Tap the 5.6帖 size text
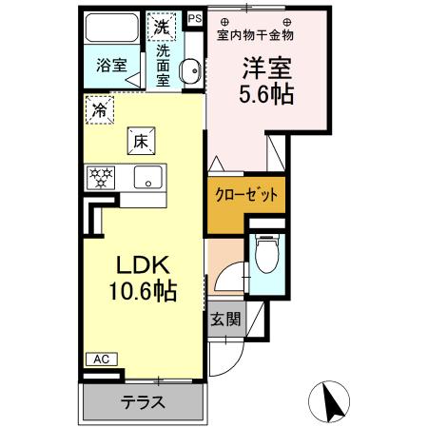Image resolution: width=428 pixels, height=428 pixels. [265, 95]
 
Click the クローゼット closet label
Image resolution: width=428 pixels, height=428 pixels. [244, 195]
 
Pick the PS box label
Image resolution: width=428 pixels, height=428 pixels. [194, 18]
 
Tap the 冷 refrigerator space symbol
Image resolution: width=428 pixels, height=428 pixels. [98, 110]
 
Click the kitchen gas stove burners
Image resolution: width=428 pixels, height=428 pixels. [102, 176]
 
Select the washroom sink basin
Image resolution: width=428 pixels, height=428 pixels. [188, 70]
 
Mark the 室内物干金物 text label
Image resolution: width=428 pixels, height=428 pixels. [255, 35]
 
